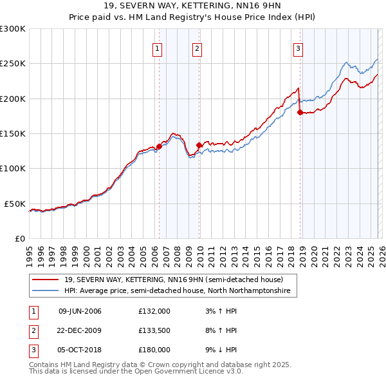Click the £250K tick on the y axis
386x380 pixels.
coord(12,64)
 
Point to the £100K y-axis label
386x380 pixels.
coord(12,168)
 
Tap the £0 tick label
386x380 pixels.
coord(19,238)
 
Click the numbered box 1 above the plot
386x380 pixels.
coord(158,48)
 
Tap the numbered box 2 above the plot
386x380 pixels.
coord(197,48)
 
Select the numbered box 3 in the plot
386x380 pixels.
coord(298,48)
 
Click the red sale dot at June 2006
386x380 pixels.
coord(159,146)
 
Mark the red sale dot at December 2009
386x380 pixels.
coord(199,145)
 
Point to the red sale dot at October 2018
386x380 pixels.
coord(300,113)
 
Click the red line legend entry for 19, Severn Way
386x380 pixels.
coord(173,280)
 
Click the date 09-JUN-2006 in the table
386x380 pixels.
coord(80,311)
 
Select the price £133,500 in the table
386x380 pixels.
coord(154,330)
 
